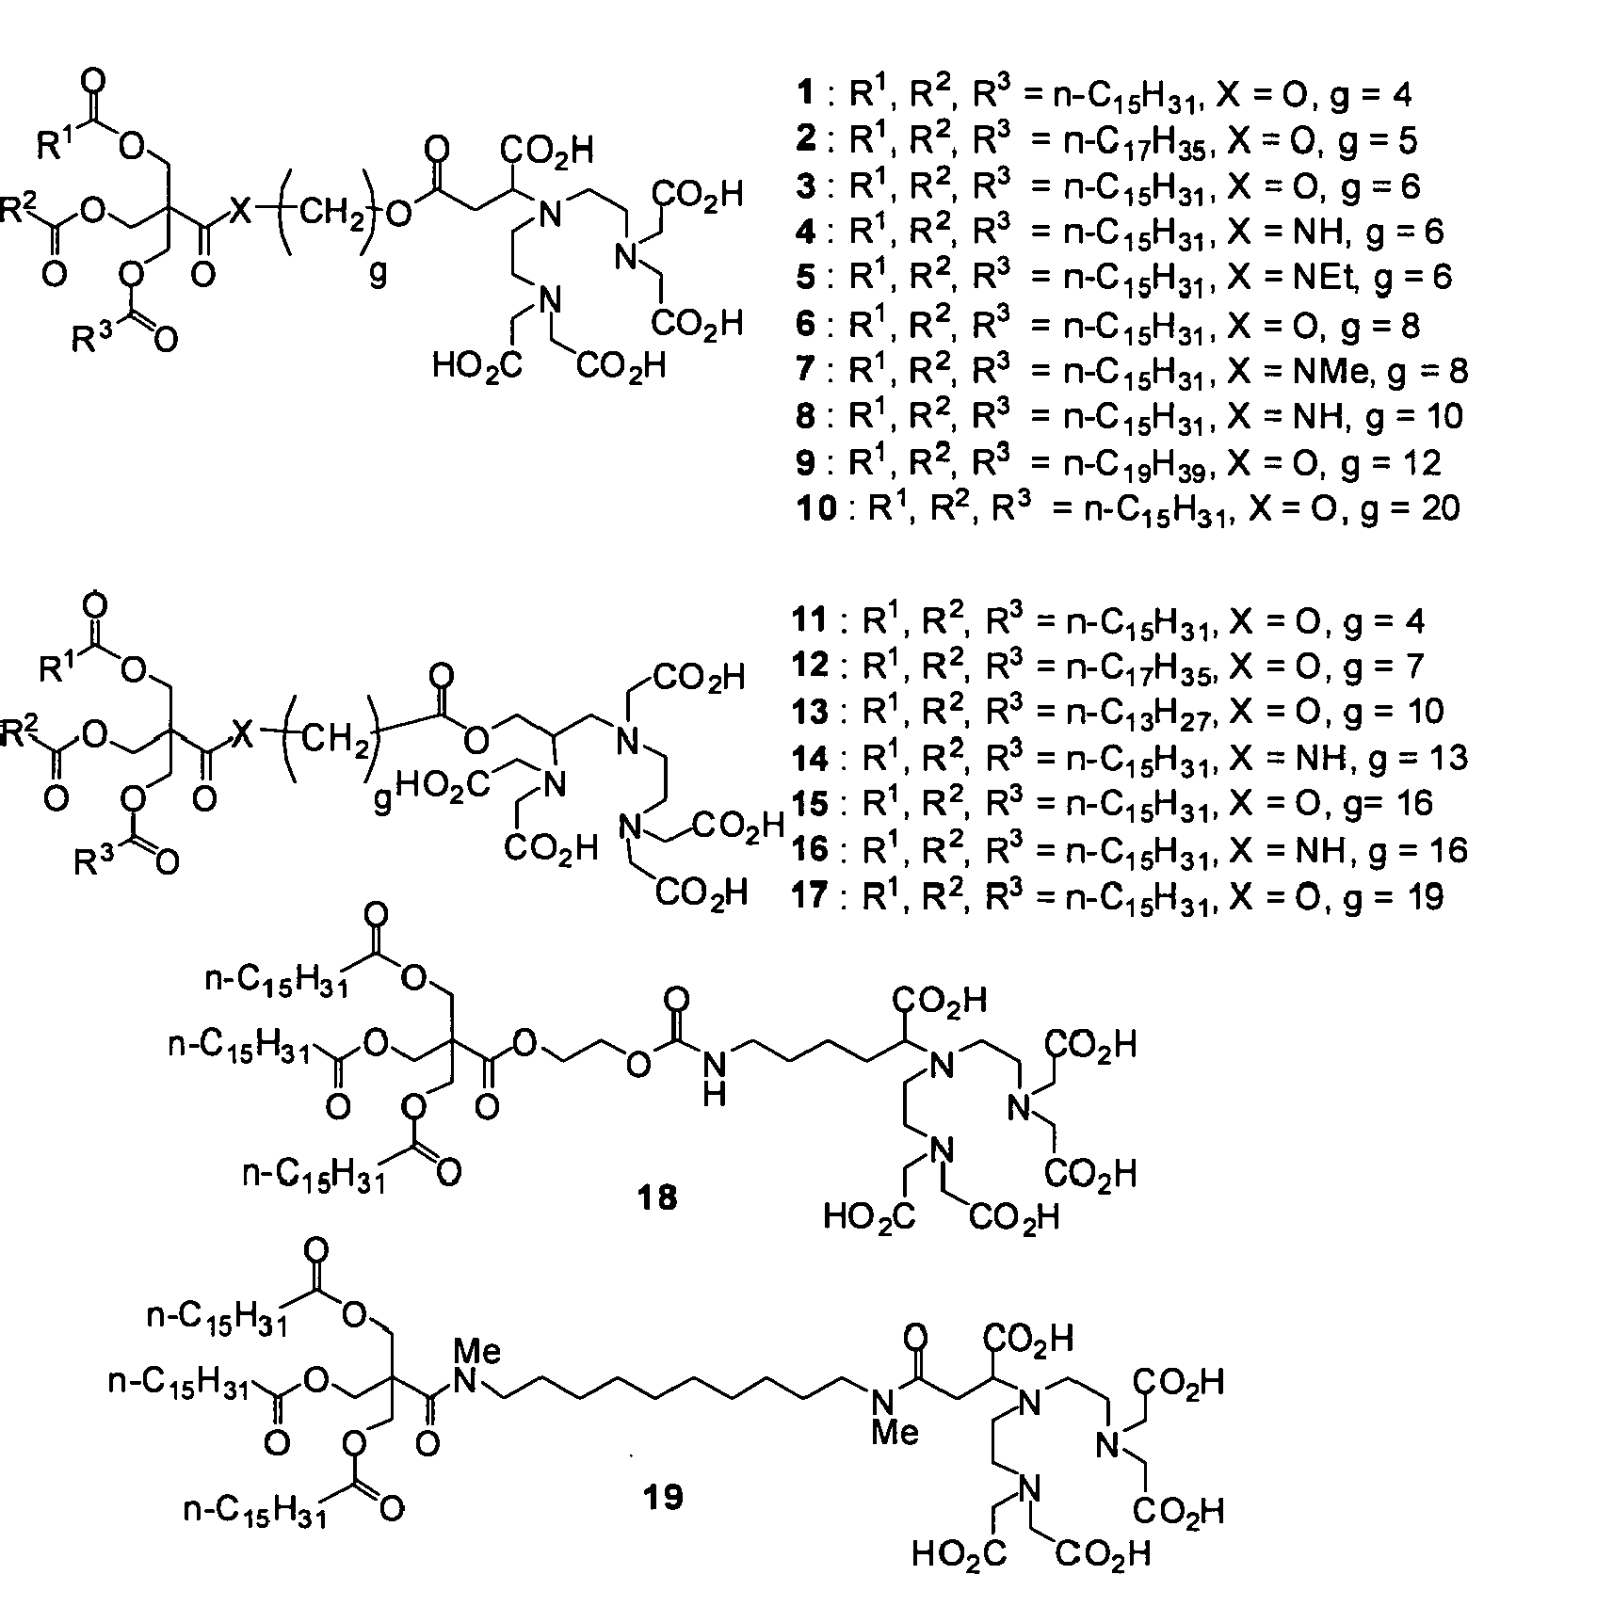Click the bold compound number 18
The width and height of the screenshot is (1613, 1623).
click(657, 1197)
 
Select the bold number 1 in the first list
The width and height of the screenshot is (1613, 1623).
click(803, 94)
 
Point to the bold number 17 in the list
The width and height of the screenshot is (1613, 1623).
click(811, 896)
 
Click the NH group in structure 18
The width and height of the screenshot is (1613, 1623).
click(715, 1076)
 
